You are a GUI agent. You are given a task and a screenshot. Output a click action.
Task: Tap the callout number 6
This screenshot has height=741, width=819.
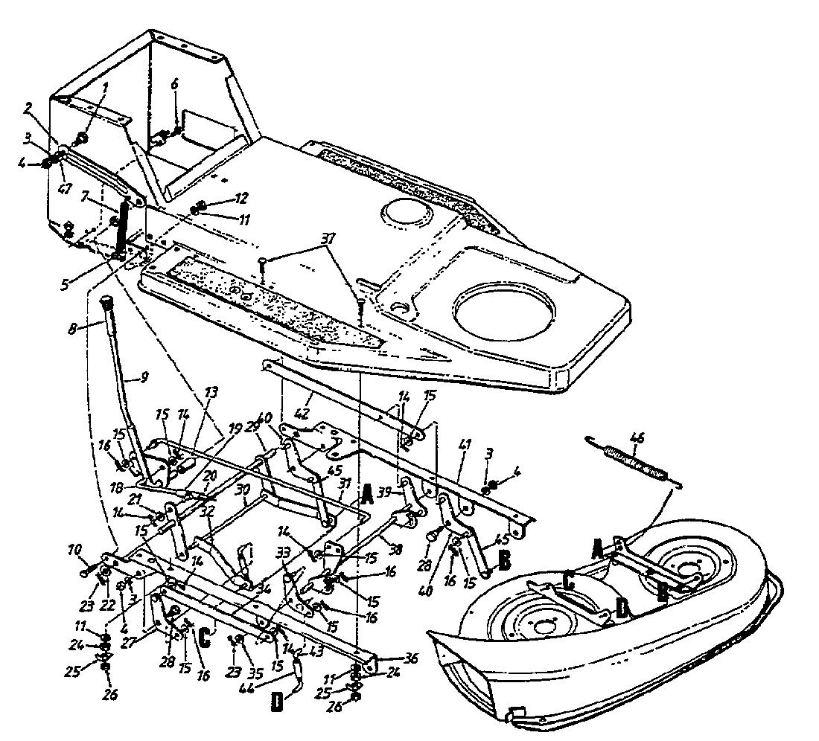tap(175, 84)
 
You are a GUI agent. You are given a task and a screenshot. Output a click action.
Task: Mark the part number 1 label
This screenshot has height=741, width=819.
tap(105, 86)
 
